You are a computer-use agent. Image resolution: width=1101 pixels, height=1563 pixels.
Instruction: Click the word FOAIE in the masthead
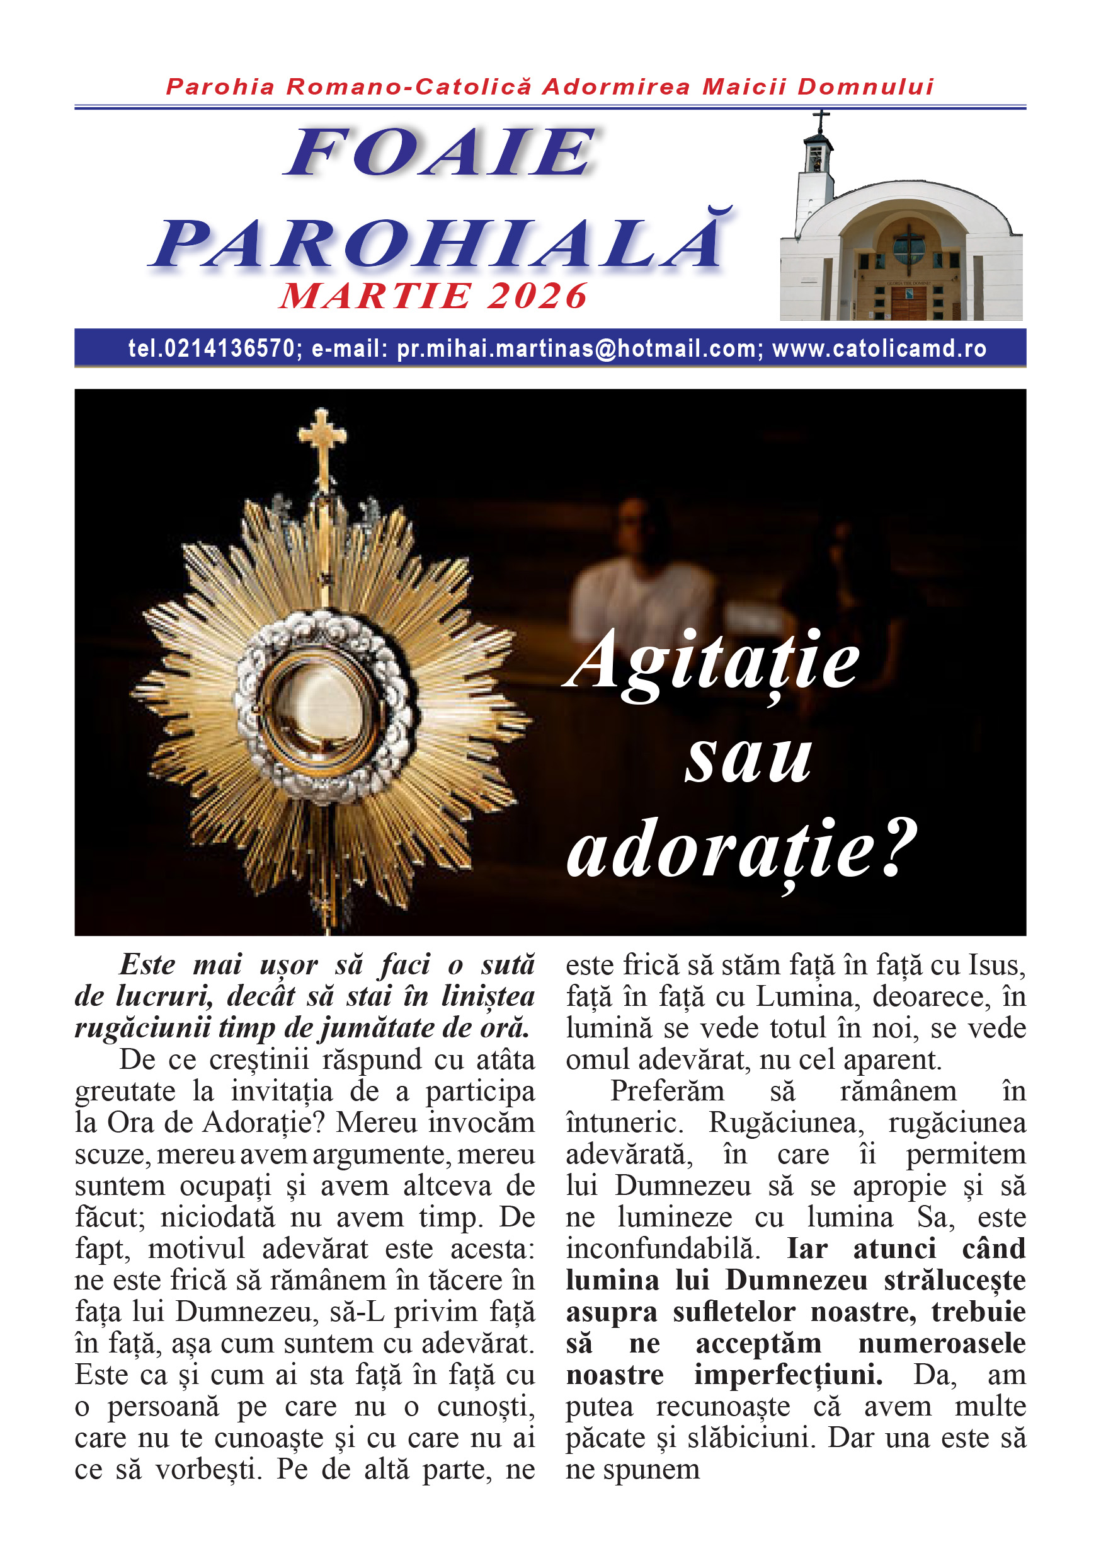(x=440, y=152)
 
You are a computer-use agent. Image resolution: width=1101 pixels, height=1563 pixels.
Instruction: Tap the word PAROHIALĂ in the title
(x=439, y=243)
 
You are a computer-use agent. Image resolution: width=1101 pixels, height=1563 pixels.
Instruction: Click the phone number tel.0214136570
(x=211, y=348)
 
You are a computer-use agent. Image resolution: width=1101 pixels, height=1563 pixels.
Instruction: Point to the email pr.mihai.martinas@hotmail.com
(x=576, y=348)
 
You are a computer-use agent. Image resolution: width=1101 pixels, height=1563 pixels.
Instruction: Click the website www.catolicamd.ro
(x=879, y=348)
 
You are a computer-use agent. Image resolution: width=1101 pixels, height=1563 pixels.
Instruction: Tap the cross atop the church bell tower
(x=821, y=120)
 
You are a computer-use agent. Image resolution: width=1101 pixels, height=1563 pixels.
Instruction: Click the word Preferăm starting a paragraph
(x=667, y=1091)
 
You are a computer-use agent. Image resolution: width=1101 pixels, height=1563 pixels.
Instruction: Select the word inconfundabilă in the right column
(x=662, y=1249)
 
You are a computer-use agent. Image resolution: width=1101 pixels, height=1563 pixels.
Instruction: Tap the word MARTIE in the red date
(x=375, y=296)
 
